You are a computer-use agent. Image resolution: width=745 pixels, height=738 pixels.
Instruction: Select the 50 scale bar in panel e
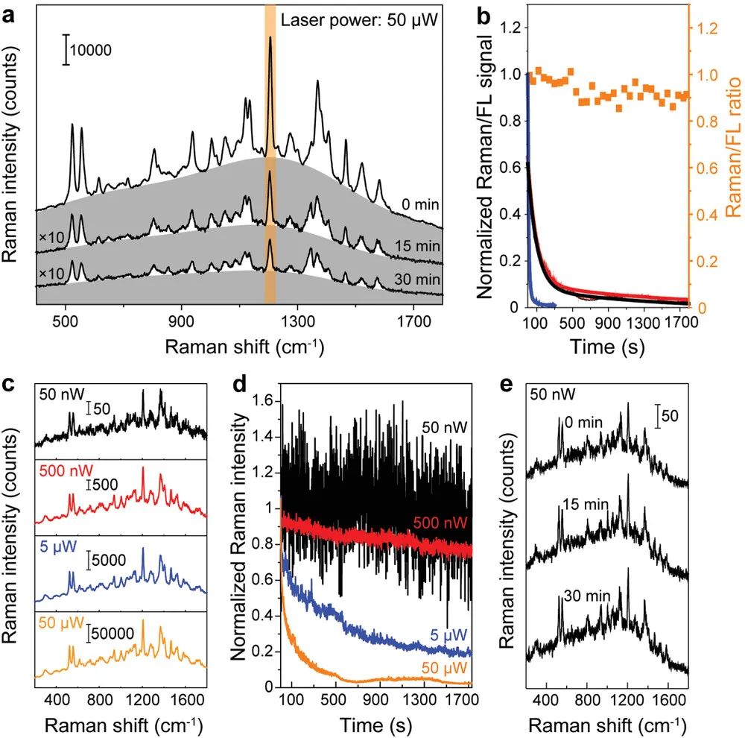pos(658,416)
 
